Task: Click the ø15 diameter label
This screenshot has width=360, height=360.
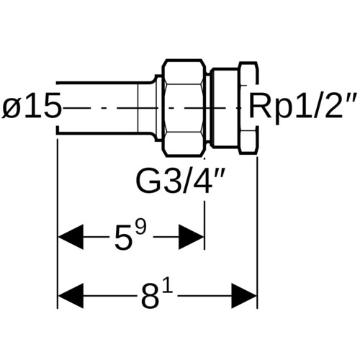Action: click(x=31, y=107)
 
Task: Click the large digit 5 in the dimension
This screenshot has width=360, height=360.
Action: click(x=122, y=239)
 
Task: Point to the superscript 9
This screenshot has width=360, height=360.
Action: click(x=140, y=228)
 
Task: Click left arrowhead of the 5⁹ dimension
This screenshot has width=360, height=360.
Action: click(x=71, y=238)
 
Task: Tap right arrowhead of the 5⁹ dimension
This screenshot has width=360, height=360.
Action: click(x=191, y=238)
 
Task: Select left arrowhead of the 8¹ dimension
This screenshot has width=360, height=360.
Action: click(x=71, y=296)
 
